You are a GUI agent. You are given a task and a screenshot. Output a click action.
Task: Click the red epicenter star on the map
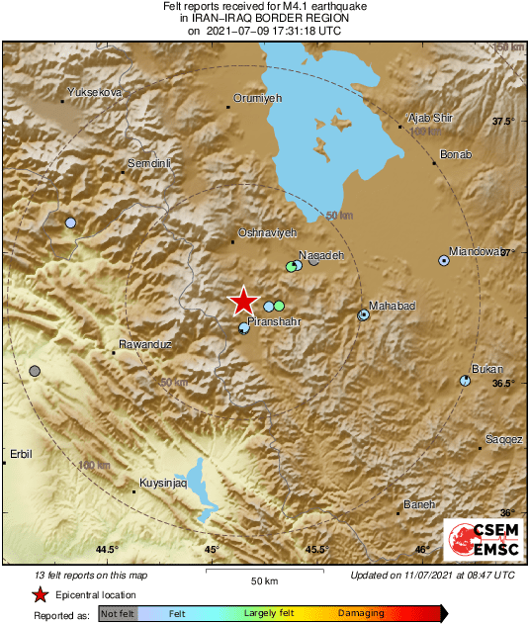242,302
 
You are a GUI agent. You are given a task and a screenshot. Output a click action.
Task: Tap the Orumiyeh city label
257,98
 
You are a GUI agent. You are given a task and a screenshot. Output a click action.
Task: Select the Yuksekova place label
93,92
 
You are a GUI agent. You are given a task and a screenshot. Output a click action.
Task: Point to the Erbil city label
21,454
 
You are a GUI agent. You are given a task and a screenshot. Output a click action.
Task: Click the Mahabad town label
392,307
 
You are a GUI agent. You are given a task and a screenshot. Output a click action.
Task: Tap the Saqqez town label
503,439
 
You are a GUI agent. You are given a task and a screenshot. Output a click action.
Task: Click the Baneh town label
419,504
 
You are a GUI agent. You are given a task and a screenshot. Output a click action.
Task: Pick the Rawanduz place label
145,344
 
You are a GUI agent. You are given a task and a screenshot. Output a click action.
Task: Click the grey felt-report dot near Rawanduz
36,371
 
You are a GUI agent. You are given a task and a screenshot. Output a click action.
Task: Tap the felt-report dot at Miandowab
444,261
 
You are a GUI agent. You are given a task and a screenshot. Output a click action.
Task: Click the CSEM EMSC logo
479,542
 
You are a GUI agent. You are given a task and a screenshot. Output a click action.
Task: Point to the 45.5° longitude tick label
316,550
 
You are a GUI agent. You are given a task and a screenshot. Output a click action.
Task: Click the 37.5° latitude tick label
504,122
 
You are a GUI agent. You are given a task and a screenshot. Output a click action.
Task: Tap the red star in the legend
41,594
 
